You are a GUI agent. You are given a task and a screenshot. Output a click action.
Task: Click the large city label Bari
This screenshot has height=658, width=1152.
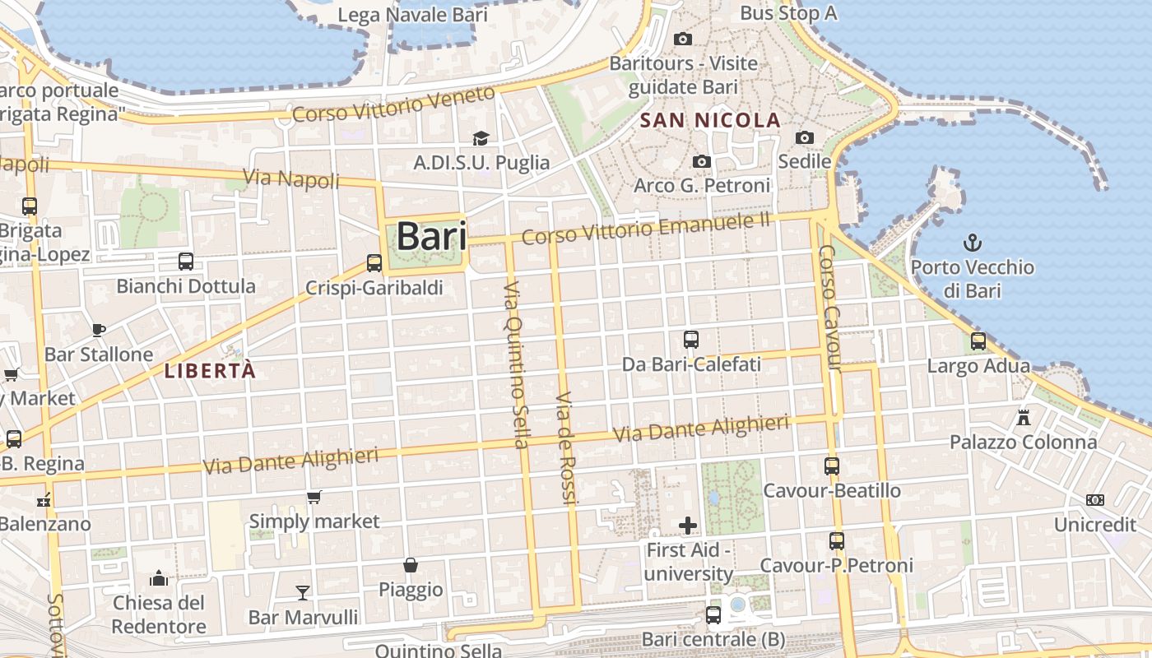(x=432, y=237)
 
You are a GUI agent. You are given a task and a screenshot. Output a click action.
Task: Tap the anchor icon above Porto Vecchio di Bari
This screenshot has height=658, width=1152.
(x=973, y=243)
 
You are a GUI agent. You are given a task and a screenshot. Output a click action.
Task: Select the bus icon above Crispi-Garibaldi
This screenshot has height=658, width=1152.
(x=374, y=263)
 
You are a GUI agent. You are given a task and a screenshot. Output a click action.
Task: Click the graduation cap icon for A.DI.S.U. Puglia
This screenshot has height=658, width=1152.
(x=481, y=138)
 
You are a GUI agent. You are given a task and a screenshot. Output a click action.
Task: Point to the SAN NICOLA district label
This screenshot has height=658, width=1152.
(x=710, y=120)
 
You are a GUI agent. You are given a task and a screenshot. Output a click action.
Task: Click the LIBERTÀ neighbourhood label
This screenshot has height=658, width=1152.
(x=211, y=371)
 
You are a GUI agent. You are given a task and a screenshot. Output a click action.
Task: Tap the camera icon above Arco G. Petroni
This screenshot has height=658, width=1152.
(x=702, y=161)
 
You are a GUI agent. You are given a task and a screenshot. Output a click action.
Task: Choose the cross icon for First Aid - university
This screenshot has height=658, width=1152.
(x=688, y=525)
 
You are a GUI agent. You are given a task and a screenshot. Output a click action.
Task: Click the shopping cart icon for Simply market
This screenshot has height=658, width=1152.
(x=314, y=497)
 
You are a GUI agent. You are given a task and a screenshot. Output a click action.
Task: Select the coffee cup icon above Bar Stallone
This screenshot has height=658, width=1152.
(x=99, y=330)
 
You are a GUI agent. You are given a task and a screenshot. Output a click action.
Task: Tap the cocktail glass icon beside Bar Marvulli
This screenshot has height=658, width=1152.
(x=303, y=592)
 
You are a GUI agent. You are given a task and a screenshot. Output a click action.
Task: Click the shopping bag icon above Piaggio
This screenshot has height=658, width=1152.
(x=411, y=565)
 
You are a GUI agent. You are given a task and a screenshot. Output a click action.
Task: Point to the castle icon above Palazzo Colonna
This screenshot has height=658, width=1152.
(x=1024, y=417)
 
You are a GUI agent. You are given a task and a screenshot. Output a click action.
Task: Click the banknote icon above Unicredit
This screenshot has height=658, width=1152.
(x=1094, y=500)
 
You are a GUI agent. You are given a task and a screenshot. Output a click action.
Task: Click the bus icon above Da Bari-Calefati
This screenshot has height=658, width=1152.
(x=691, y=339)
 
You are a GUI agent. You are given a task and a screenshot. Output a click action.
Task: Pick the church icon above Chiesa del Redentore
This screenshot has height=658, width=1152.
(x=159, y=578)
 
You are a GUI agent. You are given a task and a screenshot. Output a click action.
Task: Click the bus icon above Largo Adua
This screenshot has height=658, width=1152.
(x=978, y=341)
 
